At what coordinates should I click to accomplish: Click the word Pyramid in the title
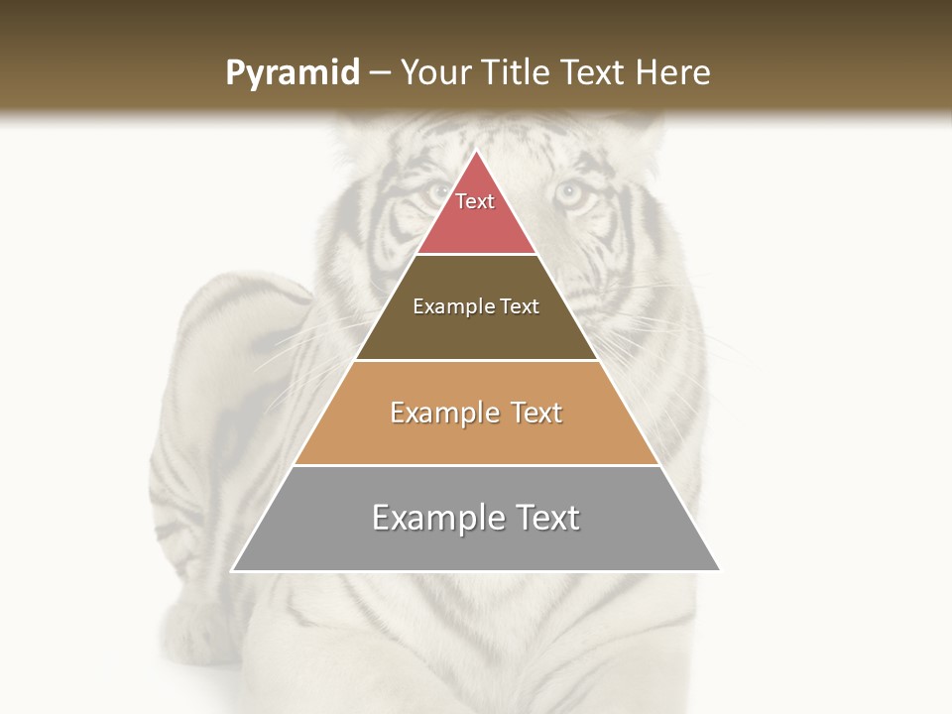coord(292,73)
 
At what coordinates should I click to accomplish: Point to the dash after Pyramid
coord(379,73)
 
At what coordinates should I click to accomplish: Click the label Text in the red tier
coord(475,201)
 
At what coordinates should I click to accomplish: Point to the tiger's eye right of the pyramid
coord(570,193)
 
